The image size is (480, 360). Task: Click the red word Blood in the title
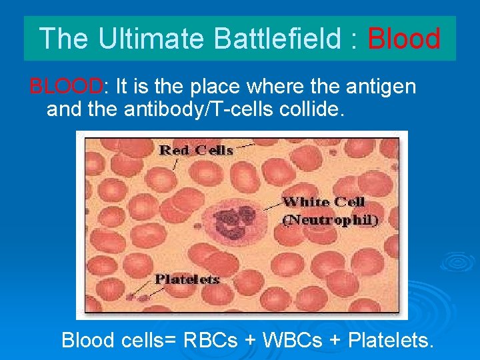click(404, 39)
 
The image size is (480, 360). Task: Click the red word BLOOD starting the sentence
click(66, 86)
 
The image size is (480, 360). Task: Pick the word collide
click(311, 109)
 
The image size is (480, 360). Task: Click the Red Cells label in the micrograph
click(196, 151)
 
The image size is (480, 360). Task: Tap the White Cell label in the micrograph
click(324, 202)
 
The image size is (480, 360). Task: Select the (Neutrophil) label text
click(330, 219)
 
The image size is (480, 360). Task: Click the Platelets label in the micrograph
click(187, 279)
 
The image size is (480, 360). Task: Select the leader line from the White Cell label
click(271, 207)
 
